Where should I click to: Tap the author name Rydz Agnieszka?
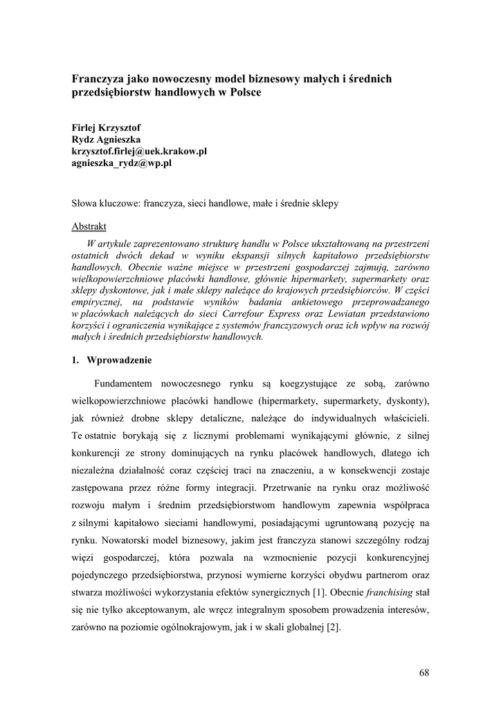tap(107, 140)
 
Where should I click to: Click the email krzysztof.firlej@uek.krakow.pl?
tap(139, 152)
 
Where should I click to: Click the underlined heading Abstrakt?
tap(89, 226)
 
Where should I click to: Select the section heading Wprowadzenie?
tap(119, 360)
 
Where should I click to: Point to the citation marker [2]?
tap(333, 628)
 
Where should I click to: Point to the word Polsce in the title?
tap(244, 92)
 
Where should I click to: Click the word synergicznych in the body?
tap(283, 592)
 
